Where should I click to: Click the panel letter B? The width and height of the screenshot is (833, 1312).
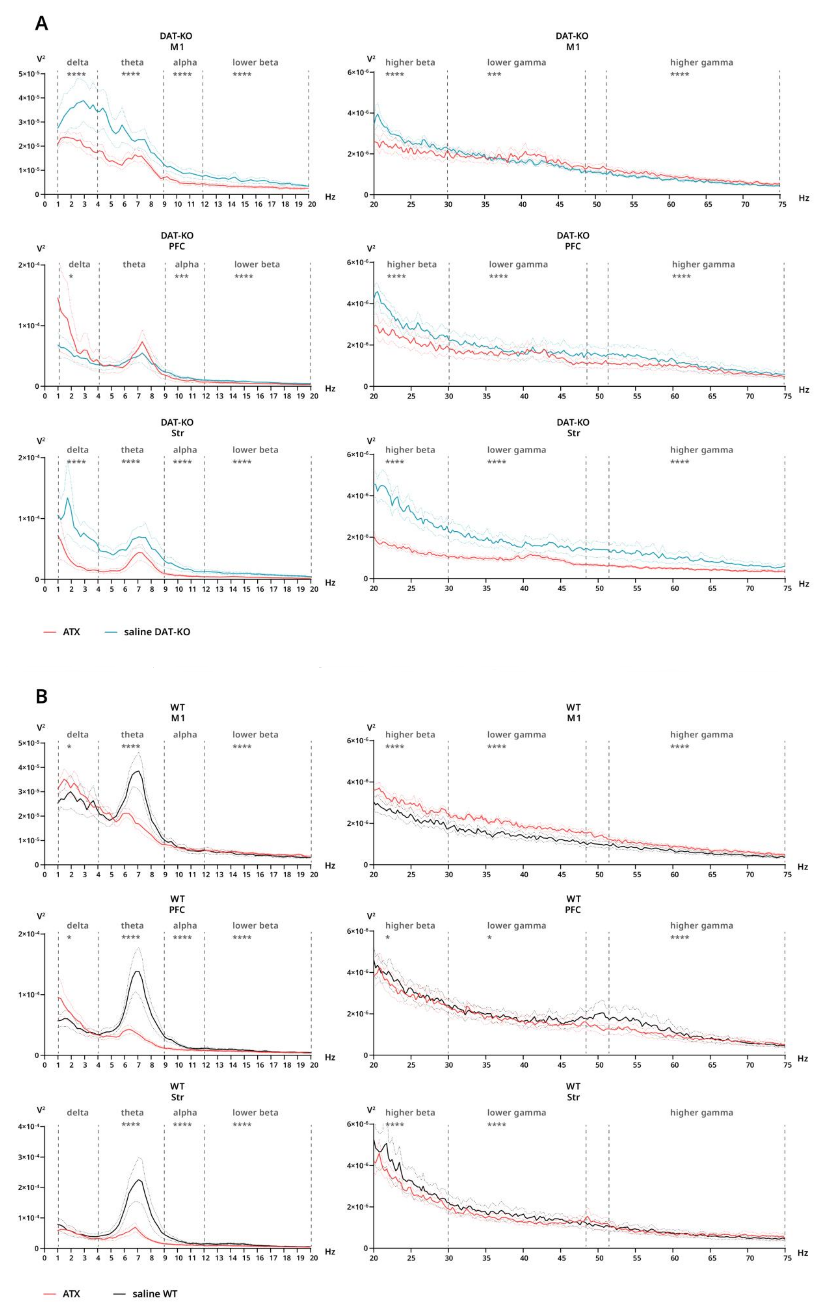tap(41, 696)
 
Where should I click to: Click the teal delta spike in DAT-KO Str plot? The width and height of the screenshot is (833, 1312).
tap(68, 498)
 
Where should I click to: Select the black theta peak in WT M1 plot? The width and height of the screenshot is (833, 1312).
tap(138, 771)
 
